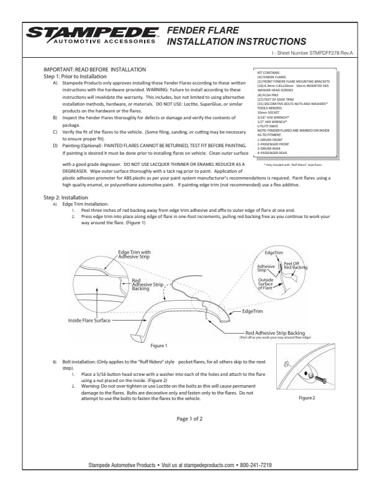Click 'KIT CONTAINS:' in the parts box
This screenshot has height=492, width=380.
point(269,73)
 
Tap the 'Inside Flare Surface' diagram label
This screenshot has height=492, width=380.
point(89,320)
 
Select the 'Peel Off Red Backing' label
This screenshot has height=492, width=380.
point(296,265)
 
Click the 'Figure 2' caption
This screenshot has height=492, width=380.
point(307,397)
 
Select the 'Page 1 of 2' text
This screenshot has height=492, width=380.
point(189,419)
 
